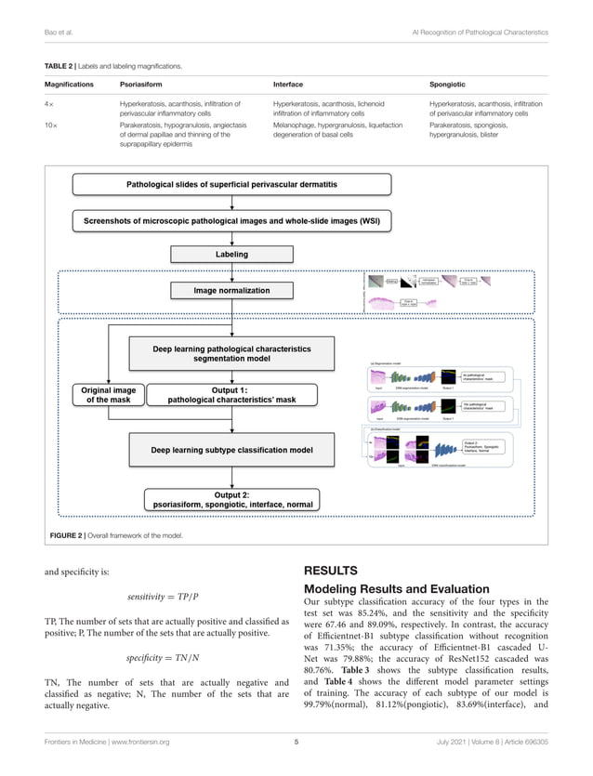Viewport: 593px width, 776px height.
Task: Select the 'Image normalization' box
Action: tap(219, 291)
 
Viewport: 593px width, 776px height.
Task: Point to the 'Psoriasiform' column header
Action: tap(141, 84)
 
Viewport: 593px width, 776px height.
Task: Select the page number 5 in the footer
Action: tap(296, 742)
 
